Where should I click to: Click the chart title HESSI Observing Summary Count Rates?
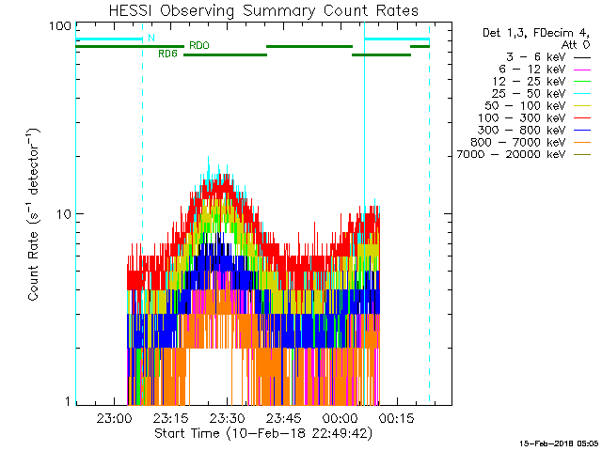262,11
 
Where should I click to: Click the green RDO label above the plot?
199,45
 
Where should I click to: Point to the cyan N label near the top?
150,39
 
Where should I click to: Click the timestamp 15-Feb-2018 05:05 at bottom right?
558,442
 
